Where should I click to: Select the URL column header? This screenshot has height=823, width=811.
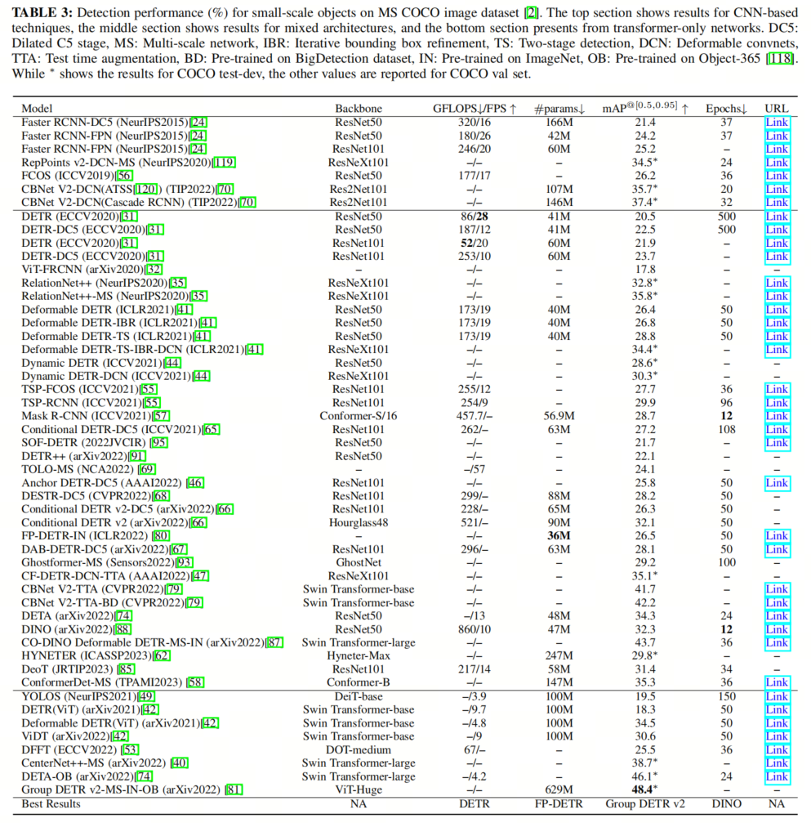[x=777, y=109]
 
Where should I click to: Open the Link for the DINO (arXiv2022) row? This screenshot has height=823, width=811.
[x=777, y=629]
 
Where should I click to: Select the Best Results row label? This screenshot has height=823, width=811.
[x=51, y=804]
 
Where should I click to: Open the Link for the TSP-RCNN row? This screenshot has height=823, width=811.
[x=777, y=403]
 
